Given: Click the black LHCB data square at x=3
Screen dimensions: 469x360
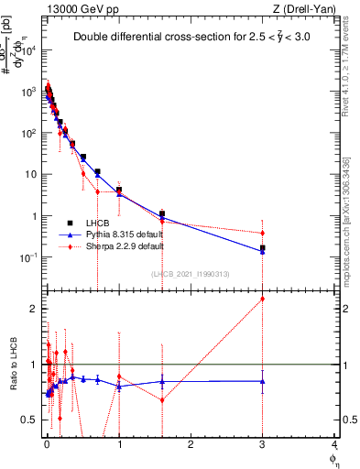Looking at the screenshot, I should [263, 248].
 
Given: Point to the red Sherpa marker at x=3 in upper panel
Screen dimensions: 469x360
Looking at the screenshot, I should [263, 232].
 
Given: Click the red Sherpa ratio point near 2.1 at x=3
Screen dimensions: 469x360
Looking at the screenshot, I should [263, 299].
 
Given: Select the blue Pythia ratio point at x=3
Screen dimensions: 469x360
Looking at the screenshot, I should [263, 381].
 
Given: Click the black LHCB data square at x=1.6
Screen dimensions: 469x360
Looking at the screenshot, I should [162, 214].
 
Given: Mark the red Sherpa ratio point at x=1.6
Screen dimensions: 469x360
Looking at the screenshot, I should [162, 399].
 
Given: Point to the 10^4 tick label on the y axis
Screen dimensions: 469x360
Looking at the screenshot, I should [29, 50].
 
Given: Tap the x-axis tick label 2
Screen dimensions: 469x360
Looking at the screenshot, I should [191, 446].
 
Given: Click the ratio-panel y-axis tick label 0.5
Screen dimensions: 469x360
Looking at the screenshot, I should [28, 420].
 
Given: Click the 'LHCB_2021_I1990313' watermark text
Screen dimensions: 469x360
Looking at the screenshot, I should [191, 274].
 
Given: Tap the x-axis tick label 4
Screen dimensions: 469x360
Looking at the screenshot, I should [334, 446].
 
